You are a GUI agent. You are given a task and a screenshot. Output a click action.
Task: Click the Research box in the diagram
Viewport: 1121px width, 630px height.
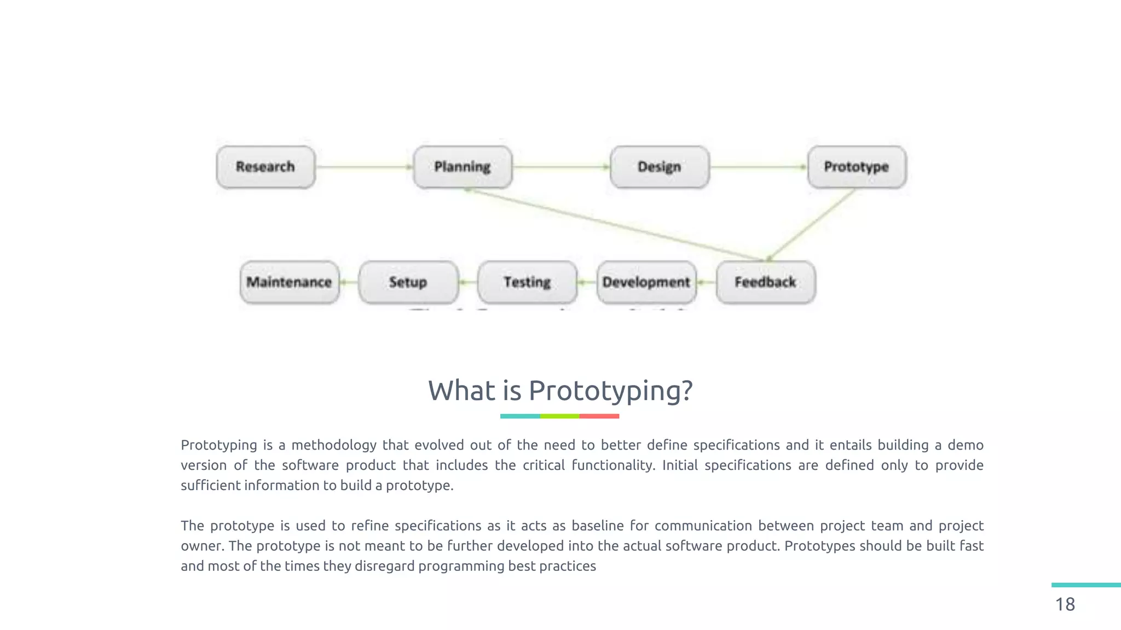click(265, 167)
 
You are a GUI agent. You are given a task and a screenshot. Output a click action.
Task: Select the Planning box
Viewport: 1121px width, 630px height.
click(463, 167)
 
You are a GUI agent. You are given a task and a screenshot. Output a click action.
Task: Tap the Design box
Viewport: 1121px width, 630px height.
click(660, 167)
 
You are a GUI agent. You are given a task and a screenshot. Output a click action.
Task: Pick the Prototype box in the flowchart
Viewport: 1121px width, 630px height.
click(857, 167)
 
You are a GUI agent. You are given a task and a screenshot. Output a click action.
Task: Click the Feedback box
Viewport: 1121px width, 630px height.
click(765, 282)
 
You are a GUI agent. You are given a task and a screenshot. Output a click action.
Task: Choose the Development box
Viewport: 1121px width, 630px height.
click(646, 282)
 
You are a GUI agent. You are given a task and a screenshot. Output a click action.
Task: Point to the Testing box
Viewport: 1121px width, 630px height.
click(527, 282)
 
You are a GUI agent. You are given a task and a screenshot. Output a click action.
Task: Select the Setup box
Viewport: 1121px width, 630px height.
click(408, 282)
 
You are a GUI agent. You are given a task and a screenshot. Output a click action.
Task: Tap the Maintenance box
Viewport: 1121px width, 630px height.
click(289, 282)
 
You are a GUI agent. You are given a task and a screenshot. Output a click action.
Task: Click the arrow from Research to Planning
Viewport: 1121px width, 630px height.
click(364, 167)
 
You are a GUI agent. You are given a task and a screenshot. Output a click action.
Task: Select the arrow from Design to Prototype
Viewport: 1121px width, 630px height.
click(758, 167)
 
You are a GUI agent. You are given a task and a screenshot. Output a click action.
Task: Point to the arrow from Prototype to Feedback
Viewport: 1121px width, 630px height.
click(812, 224)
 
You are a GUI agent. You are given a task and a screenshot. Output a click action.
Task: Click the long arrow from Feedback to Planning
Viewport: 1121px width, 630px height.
click(613, 224)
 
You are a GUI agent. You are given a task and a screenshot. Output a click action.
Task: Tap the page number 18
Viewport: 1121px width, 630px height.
click(1065, 604)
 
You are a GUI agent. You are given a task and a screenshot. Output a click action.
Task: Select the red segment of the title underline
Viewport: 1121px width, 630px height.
click(599, 416)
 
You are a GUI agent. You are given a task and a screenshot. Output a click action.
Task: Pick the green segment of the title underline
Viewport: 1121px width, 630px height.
click(559, 416)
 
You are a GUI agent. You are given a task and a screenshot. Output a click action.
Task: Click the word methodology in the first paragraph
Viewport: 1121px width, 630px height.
click(333, 445)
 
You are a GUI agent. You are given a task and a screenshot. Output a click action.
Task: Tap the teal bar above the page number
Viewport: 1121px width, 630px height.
click(1086, 585)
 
